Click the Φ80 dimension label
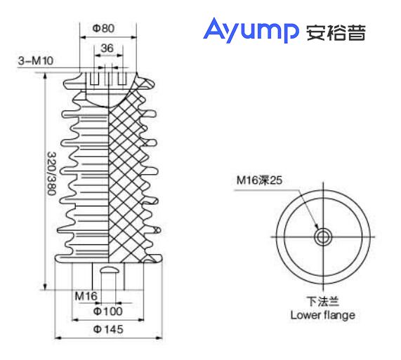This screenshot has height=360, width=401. [103, 29]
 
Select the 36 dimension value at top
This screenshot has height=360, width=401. [107, 48]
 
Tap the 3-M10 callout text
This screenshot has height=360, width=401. [34, 62]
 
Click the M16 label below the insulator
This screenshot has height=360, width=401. [86, 295]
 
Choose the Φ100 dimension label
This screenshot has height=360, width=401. [107, 310]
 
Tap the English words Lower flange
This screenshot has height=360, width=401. [322, 315]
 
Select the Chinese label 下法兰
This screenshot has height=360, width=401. [322, 302]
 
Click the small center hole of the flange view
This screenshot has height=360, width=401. [322, 237]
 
